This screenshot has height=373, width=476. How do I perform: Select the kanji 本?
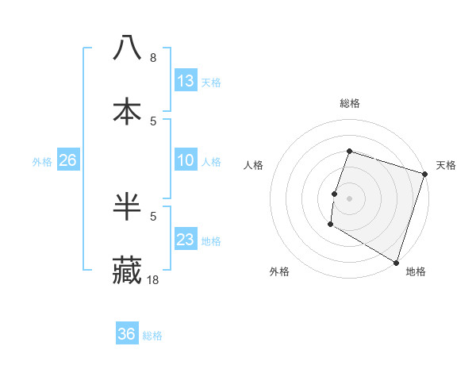tap(127, 111)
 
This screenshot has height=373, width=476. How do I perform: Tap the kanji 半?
tap(127, 206)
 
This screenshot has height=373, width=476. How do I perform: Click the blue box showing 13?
tap(186, 81)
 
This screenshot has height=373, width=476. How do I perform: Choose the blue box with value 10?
tap(186, 160)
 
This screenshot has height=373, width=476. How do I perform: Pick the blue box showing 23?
tap(186, 240)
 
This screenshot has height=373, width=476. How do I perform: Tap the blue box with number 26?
tap(67, 160)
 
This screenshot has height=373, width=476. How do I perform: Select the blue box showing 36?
tap(127, 334)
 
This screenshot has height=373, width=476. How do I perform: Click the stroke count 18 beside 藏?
tap(153, 279)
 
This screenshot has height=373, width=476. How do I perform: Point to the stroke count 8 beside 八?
tap(153, 57)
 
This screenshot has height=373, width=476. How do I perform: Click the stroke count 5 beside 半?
tap(153, 216)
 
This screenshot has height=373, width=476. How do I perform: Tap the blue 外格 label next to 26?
tap(42, 161)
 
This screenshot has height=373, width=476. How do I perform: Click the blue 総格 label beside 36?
tap(152, 335)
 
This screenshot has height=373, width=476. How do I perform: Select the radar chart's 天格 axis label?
tap(446, 165)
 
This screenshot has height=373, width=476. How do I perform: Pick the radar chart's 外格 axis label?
tap(279, 271)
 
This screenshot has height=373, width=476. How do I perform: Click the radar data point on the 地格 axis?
tap(396, 262)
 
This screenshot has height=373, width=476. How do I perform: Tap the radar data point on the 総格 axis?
tap(349, 151)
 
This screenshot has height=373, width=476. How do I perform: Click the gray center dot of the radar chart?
tap(349, 198)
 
